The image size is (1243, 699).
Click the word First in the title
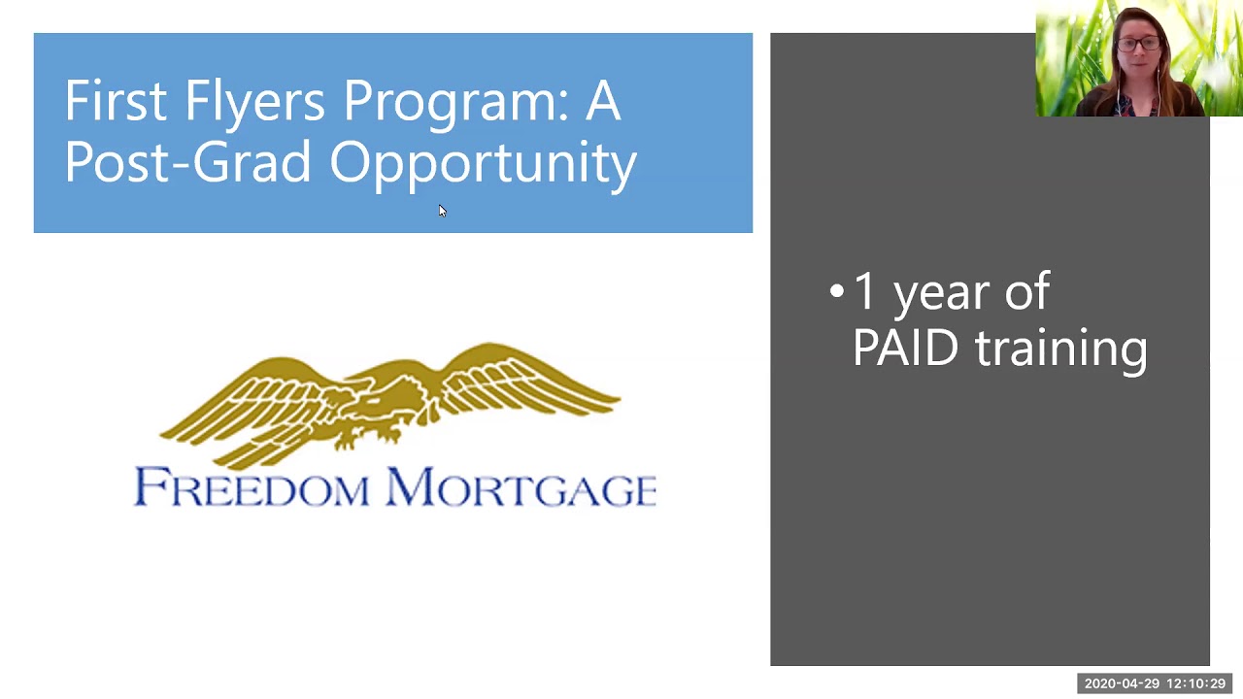pyautogui.click(x=116, y=100)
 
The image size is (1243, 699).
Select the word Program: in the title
pyautogui.click(x=456, y=106)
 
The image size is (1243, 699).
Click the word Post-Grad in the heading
pyautogui.click(x=187, y=161)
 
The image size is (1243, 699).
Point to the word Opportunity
pyautogui.click(x=483, y=166)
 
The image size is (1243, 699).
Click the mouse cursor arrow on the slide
pyautogui.click(x=442, y=211)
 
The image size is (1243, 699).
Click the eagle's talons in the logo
pyautogui.click(x=366, y=437)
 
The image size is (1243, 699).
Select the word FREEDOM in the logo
pyautogui.click(x=252, y=487)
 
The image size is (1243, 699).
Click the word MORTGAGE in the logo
pyautogui.click(x=521, y=487)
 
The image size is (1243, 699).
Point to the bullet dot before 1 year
pyautogui.click(x=836, y=290)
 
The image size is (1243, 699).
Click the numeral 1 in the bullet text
pyautogui.click(x=863, y=290)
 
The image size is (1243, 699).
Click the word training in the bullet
pyautogui.click(x=1061, y=350)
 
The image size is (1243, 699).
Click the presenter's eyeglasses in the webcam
pyautogui.click(x=1139, y=44)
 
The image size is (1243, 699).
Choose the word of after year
pyautogui.click(x=1027, y=290)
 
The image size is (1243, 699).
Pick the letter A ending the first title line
pyautogui.click(x=602, y=100)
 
